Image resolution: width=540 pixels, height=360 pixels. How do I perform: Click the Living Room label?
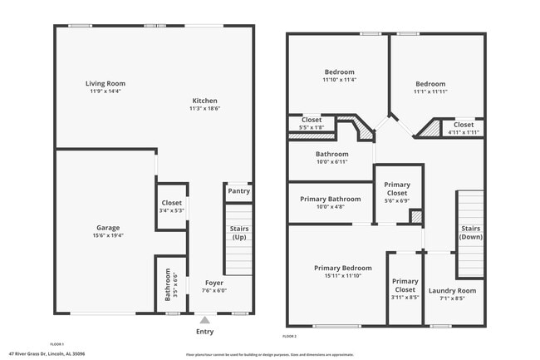tap(105, 83)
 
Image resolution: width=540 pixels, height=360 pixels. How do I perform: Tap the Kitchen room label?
tap(204, 100)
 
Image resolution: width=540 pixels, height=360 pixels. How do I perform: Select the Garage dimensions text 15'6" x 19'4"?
tap(107, 236)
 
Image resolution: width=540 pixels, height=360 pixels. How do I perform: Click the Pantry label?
tap(238, 191)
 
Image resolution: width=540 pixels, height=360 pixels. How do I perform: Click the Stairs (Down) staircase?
tap(470, 233)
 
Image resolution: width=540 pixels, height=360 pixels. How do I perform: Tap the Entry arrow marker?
tap(204, 318)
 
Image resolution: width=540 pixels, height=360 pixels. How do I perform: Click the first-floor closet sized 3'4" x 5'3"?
tap(171, 206)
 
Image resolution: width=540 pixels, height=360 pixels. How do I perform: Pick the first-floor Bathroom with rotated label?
tap(169, 284)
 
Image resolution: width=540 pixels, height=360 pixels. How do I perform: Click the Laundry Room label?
tap(452, 290)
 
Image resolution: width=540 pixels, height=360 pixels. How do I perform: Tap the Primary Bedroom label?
tap(331, 268)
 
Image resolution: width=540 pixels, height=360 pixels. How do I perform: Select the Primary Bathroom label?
tap(331, 199)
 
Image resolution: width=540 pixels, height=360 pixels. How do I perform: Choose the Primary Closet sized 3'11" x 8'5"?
tap(405, 286)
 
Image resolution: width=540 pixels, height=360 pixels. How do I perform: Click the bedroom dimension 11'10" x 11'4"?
tap(339, 81)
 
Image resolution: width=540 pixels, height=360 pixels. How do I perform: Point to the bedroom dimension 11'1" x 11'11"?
tap(430, 92)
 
